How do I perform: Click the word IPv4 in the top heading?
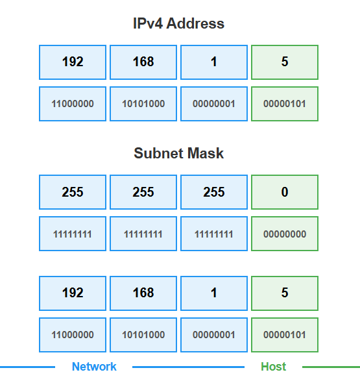tap(148, 23)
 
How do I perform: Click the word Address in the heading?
tap(195, 23)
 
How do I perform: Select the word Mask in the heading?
tap(206, 153)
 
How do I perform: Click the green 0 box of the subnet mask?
tap(285, 192)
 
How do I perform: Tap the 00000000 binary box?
tap(285, 234)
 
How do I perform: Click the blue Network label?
tap(94, 367)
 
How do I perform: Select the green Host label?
tap(273, 367)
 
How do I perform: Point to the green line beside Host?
tap(331, 367)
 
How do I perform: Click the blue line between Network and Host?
tap(188, 367)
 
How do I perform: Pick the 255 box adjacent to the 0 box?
tap(214, 192)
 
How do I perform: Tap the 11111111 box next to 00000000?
tap(214, 234)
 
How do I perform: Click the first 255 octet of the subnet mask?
tap(73, 192)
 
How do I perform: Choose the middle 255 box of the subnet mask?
tap(143, 192)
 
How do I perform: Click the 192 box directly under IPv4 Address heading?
tap(73, 62)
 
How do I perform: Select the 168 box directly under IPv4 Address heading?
tap(143, 62)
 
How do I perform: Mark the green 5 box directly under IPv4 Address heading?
tap(285, 62)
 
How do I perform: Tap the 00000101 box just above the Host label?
tap(285, 335)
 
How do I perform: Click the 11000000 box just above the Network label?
tap(73, 335)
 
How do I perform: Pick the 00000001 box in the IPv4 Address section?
tap(214, 104)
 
